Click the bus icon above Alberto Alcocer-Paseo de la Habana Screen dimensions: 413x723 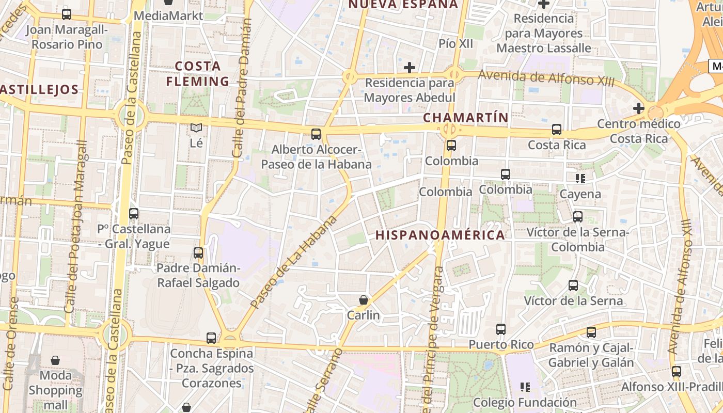[316, 134]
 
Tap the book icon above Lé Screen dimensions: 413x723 [196, 128]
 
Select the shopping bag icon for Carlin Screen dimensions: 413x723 [364, 300]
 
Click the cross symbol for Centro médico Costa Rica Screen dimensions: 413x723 [639, 108]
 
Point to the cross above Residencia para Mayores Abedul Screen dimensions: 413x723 [410, 68]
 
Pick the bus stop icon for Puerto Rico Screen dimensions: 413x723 [500, 329]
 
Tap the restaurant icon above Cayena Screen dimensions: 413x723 [580, 179]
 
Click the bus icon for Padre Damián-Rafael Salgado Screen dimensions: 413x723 [198, 253]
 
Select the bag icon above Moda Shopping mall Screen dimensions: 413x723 [55, 360]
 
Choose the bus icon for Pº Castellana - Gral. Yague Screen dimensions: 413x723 [134, 213]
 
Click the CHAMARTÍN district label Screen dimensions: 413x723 [466, 118]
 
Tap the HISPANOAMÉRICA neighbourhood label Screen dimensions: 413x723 [440, 235]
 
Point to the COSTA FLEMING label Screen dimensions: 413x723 [198, 74]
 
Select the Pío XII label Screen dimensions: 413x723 [455, 44]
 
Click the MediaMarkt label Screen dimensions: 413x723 [168, 16]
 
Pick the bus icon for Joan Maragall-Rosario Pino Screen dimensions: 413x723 [66, 14]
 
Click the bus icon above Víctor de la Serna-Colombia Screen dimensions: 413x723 [578, 217]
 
